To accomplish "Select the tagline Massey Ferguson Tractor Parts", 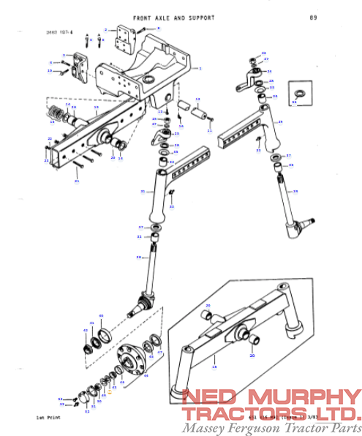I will tap(271, 427).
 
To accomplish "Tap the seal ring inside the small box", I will tap(298, 93).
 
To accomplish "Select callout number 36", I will tap(294, 102).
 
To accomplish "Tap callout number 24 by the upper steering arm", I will tap(270, 71).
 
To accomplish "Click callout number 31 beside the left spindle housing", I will tap(143, 191).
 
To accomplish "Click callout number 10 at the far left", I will tap(50, 71).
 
